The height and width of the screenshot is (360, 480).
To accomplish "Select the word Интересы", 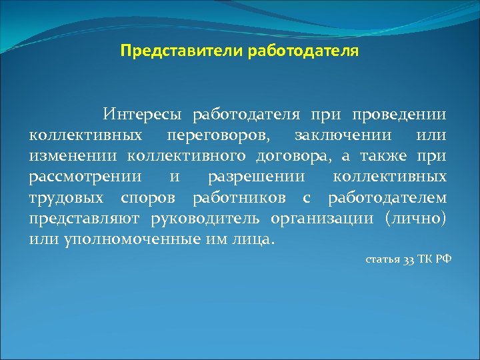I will [143, 115].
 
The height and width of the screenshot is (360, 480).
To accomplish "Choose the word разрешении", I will [257, 177].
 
